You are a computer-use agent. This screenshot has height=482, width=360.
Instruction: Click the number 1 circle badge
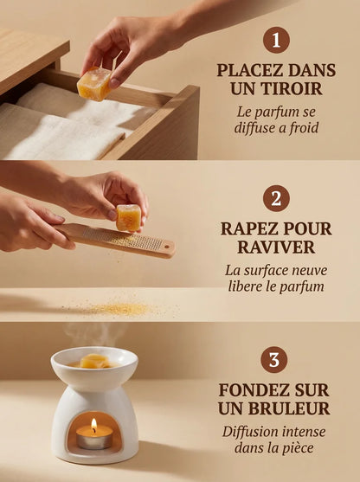click(x=275, y=40)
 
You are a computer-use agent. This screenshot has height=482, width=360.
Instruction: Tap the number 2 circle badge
click(x=275, y=198)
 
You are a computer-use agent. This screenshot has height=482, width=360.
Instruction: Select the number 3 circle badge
click(x=274, y=358)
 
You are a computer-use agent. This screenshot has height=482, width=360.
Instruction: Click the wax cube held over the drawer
click(x=93, y=84)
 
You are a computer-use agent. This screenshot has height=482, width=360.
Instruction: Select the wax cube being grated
click(x=129, y=218)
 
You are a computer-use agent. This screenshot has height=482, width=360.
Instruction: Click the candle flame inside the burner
click(x=93, y=425)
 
